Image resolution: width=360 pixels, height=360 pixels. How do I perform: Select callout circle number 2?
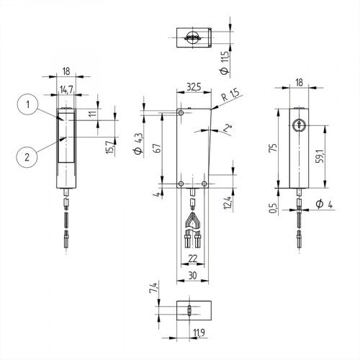[27, 155]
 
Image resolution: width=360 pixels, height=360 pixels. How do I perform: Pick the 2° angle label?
[228, 129]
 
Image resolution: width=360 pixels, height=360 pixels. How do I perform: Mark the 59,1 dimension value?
[328, 155]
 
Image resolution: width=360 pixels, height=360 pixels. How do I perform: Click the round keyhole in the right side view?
[299, 125]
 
